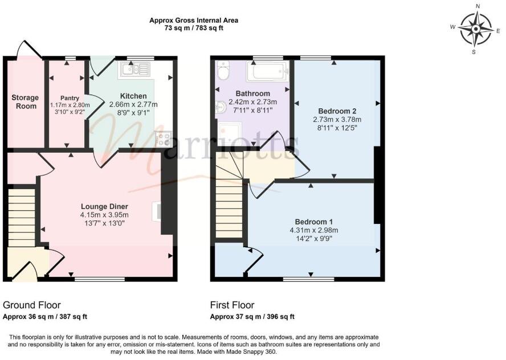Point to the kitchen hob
[164, 138]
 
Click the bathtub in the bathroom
[267, 72]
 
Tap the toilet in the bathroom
[222, 71]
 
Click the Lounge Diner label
[104, 206]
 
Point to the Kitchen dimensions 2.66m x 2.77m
[133, 104]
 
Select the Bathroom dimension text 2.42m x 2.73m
[252, 102]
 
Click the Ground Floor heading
[32, 305]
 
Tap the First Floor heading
[232, 305]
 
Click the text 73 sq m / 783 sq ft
[194, 28]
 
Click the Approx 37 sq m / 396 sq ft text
[252, 317]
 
